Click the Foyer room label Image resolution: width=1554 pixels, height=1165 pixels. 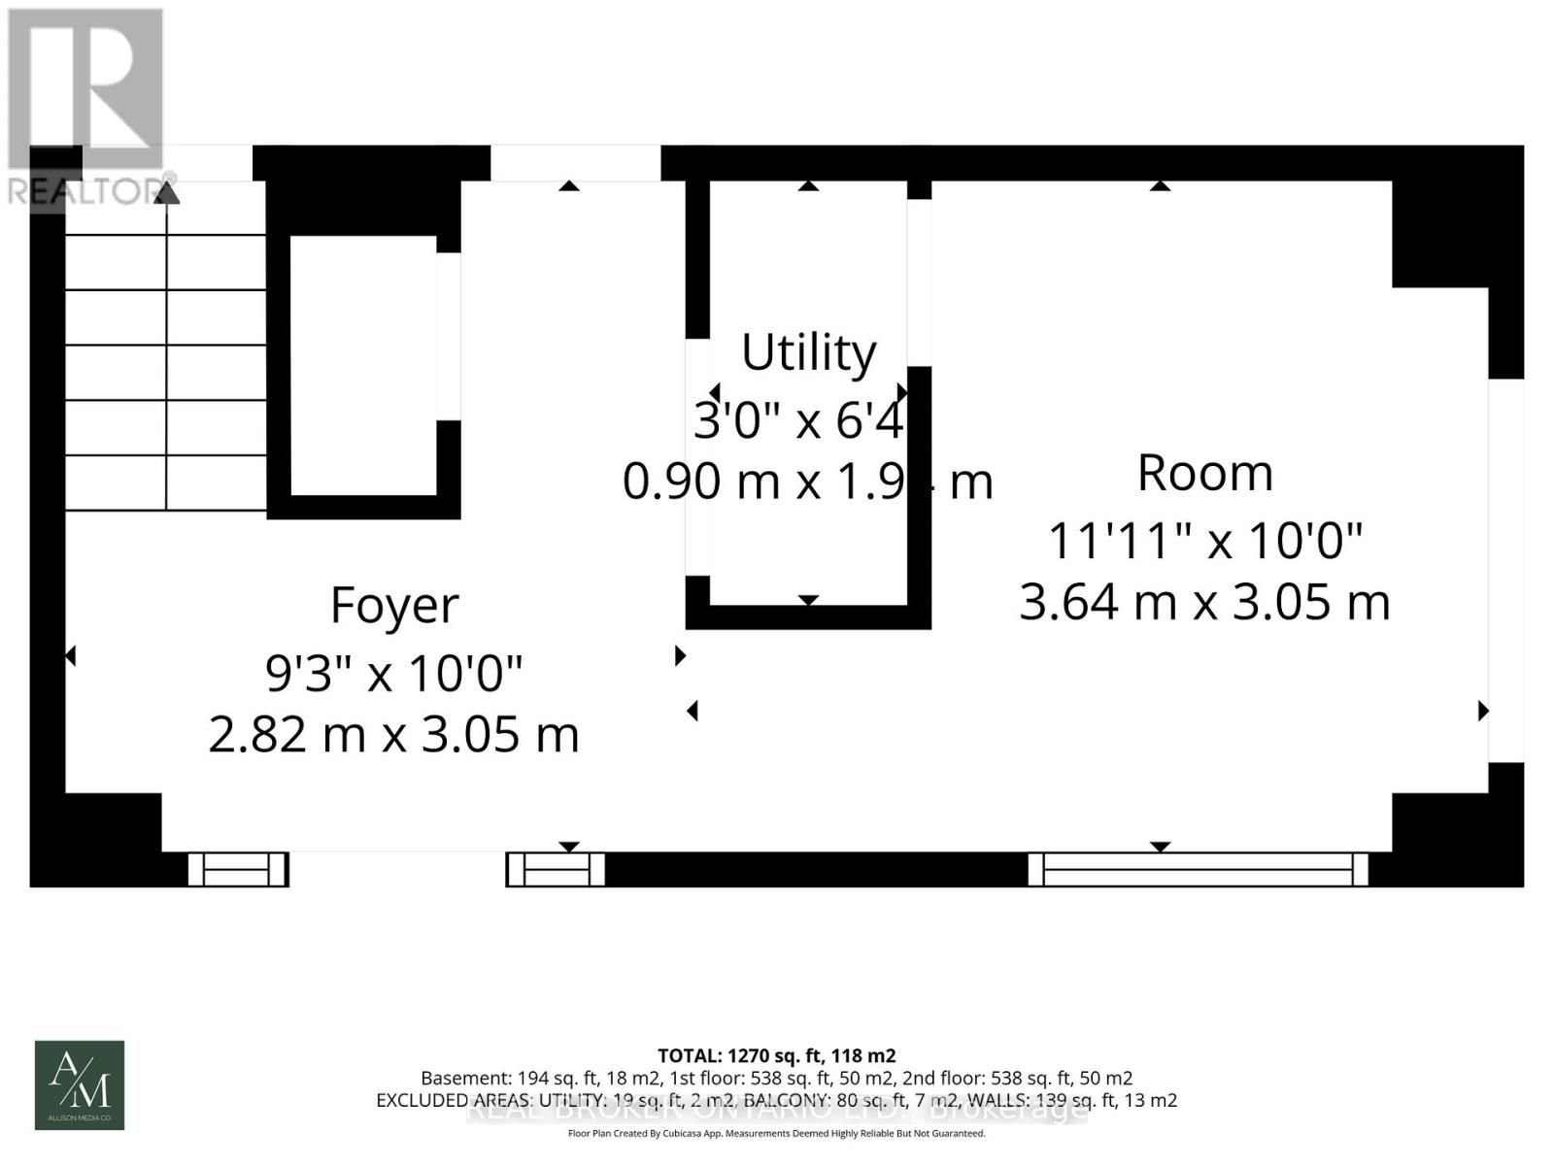(393, 606)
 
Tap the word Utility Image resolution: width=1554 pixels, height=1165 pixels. (808, 351)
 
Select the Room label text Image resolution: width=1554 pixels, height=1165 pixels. (1204, 474)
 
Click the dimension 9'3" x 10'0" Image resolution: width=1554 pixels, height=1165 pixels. (394, 672)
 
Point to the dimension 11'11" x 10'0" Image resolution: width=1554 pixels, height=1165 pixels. (1204, 540)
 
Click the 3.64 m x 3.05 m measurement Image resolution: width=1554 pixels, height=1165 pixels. (1204, 602)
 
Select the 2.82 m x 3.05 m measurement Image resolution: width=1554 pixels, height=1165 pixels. (394, 734)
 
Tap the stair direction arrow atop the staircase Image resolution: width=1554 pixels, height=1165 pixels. (167, 192)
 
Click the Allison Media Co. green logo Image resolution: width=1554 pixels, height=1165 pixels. (80, 1084)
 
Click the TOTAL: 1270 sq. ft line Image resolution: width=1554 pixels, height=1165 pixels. (776, 1055)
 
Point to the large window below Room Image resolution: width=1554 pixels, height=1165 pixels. (1198, 869)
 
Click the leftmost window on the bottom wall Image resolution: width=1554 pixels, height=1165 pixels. (237, 869)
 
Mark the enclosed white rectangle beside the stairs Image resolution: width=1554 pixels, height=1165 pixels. (363, 365)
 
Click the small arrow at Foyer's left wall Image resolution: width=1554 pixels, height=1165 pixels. (70, 657)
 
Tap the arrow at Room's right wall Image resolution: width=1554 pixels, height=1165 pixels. (1483, 711)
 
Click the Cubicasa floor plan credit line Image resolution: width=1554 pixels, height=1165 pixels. (776, 1133)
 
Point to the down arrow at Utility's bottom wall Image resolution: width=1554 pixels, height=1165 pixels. (808, 600)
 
